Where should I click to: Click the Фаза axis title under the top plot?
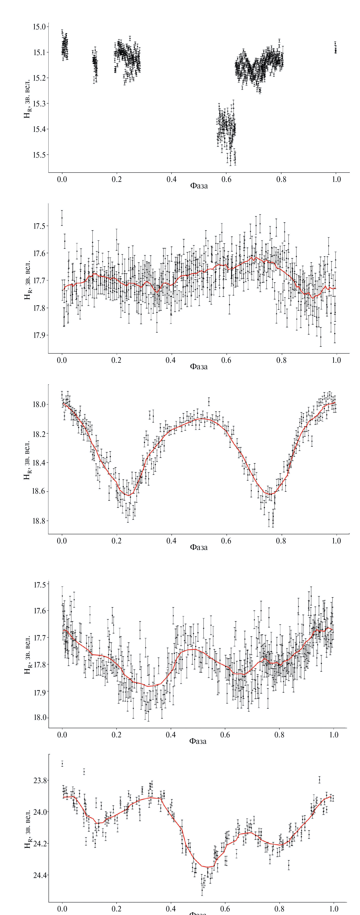pyautogui.click(x=199, y=186)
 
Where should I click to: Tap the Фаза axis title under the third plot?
pyautogui.click(x=199, y=547)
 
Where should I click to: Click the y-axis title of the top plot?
pyautogui.click(x=27, y=98)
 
